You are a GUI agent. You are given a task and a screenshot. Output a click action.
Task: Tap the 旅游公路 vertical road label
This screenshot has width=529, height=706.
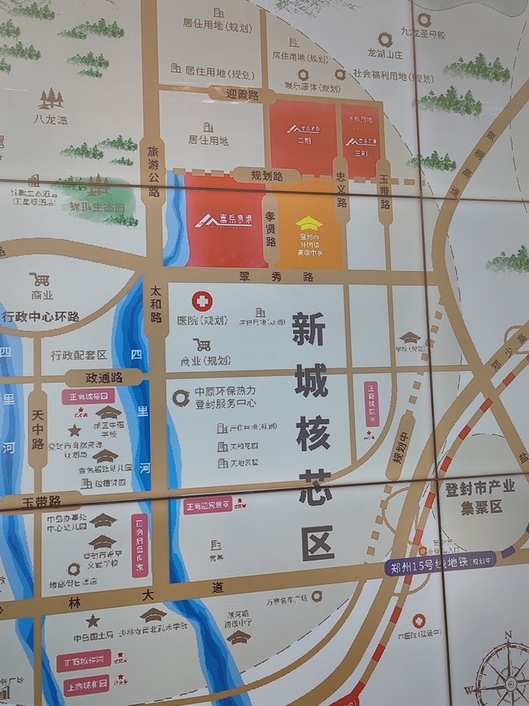point(154,171)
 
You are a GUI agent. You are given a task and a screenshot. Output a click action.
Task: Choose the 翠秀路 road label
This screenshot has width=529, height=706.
point(276,277)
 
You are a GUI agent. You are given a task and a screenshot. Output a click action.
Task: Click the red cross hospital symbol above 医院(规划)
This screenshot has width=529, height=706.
point(201,301)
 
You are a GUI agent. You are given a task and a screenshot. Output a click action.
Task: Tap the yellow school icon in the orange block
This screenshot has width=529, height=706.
point(309,222)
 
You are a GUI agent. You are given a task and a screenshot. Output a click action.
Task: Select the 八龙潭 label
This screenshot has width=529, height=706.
point(50,118)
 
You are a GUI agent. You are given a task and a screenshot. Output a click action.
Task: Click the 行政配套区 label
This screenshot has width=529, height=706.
point(79,355)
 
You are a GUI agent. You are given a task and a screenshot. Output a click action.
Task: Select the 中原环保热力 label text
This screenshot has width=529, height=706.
point(226,392)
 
